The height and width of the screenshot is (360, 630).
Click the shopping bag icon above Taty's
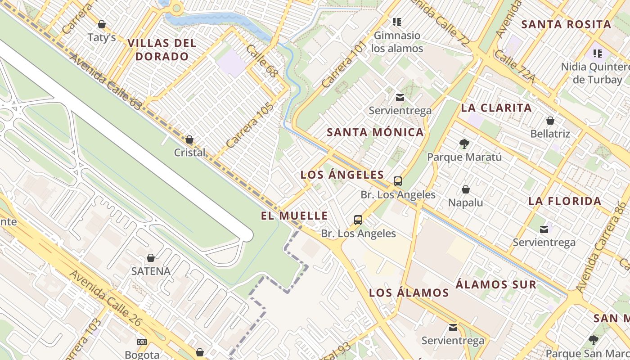pyautogui.click(x=102, y=24)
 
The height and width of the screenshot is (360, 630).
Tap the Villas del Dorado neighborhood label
pyautogui.click(x=162, y=50)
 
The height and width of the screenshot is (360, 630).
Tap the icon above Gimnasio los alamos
pyautogui.click(x=396, y=22)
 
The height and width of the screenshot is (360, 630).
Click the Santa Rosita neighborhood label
pyautogui.click(x=566, y=25)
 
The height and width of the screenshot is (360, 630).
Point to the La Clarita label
pyautogui.click(x=496, y=108)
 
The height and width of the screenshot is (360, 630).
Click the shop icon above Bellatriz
pyautogui.click(x=550, y=121)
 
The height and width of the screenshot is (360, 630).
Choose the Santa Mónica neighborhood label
pyautogui.click(x=375, y=132)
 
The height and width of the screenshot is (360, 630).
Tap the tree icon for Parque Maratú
pyautogui.click(x=464, y=144)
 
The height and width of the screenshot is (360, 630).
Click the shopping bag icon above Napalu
pyautogui.click(x=466, y=190)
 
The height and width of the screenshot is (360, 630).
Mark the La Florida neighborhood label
pyautogui.click(x=565, y=201)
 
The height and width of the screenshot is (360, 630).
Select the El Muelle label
pyautogui.click(x=294, y=216)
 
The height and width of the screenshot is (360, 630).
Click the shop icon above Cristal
pyautogui.click(x=189, y=139)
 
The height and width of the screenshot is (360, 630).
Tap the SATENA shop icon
pyautogui.click(x=151, y=258)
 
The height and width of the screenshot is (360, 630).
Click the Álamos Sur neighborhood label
pyautogui.click(x=496, y=285)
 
